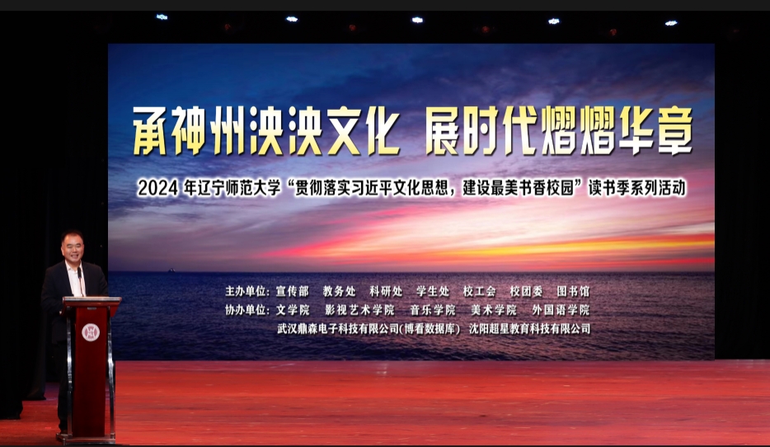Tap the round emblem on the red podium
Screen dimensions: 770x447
click(91, 332)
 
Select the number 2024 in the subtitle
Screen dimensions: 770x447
click(157, 188)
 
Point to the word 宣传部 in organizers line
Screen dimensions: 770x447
click(292, 291)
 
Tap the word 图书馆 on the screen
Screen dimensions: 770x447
click(573, 291)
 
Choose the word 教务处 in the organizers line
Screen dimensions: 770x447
click(340, 291)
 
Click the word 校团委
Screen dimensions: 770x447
click(527, 291)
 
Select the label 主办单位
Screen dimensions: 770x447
click(246, 291)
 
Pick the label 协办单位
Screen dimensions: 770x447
click(246, 310)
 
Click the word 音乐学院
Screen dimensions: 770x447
click(433, 310)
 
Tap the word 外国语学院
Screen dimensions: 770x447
click(561, 310)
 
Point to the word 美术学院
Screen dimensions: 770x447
click(494, 310)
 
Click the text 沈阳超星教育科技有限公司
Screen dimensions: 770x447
click(529, 328)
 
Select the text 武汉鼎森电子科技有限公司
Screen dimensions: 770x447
click(338, 328)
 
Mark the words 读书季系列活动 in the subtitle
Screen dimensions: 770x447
click(637, 188)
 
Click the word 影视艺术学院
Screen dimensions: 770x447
click(359, 310)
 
